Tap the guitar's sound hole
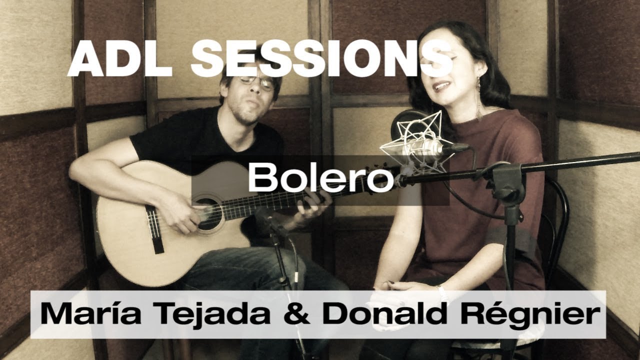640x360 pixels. point(209,214)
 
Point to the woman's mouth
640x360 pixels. point(442,86)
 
